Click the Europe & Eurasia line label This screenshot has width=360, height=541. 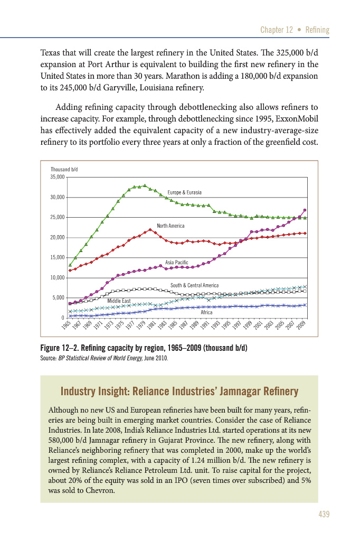coord(184,192)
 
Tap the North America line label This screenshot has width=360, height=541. coord(170,226)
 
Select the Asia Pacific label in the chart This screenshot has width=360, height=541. coord(177,262)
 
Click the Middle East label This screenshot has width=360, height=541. coord(119,301)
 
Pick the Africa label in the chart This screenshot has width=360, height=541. coord(206,312)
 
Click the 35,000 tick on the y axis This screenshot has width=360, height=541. coord(57,177)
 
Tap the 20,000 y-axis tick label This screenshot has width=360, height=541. coord(57,237)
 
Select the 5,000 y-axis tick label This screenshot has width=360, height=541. coord(59,297)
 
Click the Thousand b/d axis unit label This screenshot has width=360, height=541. coord(64,169)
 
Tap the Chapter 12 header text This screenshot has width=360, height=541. coord(277,30)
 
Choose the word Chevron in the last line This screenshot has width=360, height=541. coord(103,490)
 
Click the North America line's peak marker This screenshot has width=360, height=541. coord(150,229)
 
